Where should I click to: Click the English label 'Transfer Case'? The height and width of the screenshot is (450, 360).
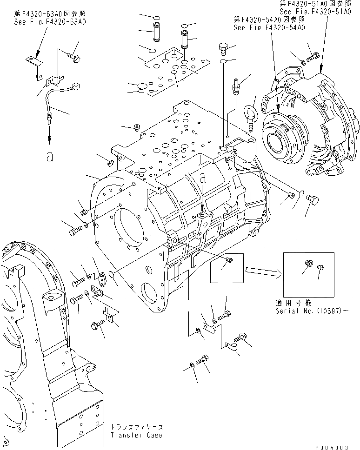pos(137,435)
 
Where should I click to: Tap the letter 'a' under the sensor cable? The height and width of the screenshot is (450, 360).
pos(49,156)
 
